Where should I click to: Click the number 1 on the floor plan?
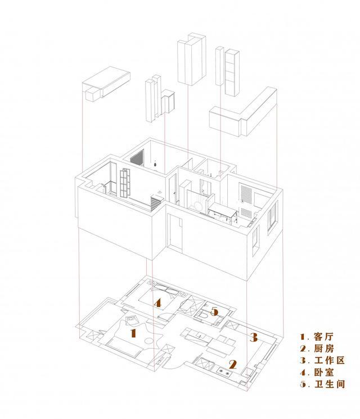[x=133, y=332]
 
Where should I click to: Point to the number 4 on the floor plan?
[x=158, y=303]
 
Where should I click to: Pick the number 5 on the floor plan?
[x=214, y=310]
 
